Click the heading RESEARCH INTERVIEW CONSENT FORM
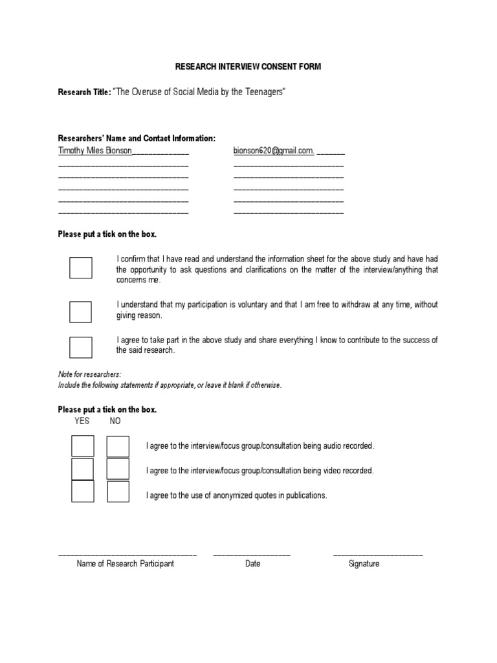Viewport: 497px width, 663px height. pyautogui.click(x=248, y=67)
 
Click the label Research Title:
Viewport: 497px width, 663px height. pyautogui.click(x=85, y=93)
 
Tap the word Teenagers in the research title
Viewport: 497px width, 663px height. pyautogui.click(x=262, y=93)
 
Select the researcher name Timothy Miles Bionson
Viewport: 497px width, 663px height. pyautogui.click(x=95, y=151)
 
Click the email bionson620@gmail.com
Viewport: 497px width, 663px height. pyautogui.click(x=274, y=151)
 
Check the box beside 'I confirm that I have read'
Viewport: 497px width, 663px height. pyautogui.click(x=81, y=267)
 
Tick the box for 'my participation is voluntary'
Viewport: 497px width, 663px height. pyautogui.click(x=81, y=311)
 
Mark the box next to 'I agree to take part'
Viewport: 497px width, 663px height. pyautogui.click(x=81, y=347)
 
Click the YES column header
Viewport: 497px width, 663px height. pyautogui.click(x=82, y=421)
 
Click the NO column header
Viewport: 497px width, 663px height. pyautogui.click(x=115, y=421)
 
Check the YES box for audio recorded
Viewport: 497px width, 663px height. pyautogui.click(x=83, y=446)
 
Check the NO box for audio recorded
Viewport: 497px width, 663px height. pyautogui.click(x=118, y=446)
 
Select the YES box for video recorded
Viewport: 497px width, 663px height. pyautogui.click(x=83, y=469)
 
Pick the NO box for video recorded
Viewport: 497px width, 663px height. pyautogui.click(x=118, y=469)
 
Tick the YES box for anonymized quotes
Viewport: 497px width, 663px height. pyautogui.click(x=83, y=492)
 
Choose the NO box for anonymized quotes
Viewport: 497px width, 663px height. pyautogui.click(x=118, y=492)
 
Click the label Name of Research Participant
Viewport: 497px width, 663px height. pyautogui.click(x=126, y=564)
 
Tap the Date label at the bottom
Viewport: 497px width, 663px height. pyautogui.click(x=253, y=564)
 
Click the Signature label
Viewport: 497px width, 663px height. pyautogui.click(x=364, y=564)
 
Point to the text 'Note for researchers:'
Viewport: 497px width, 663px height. pyautogui.click(x=89, y=374)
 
